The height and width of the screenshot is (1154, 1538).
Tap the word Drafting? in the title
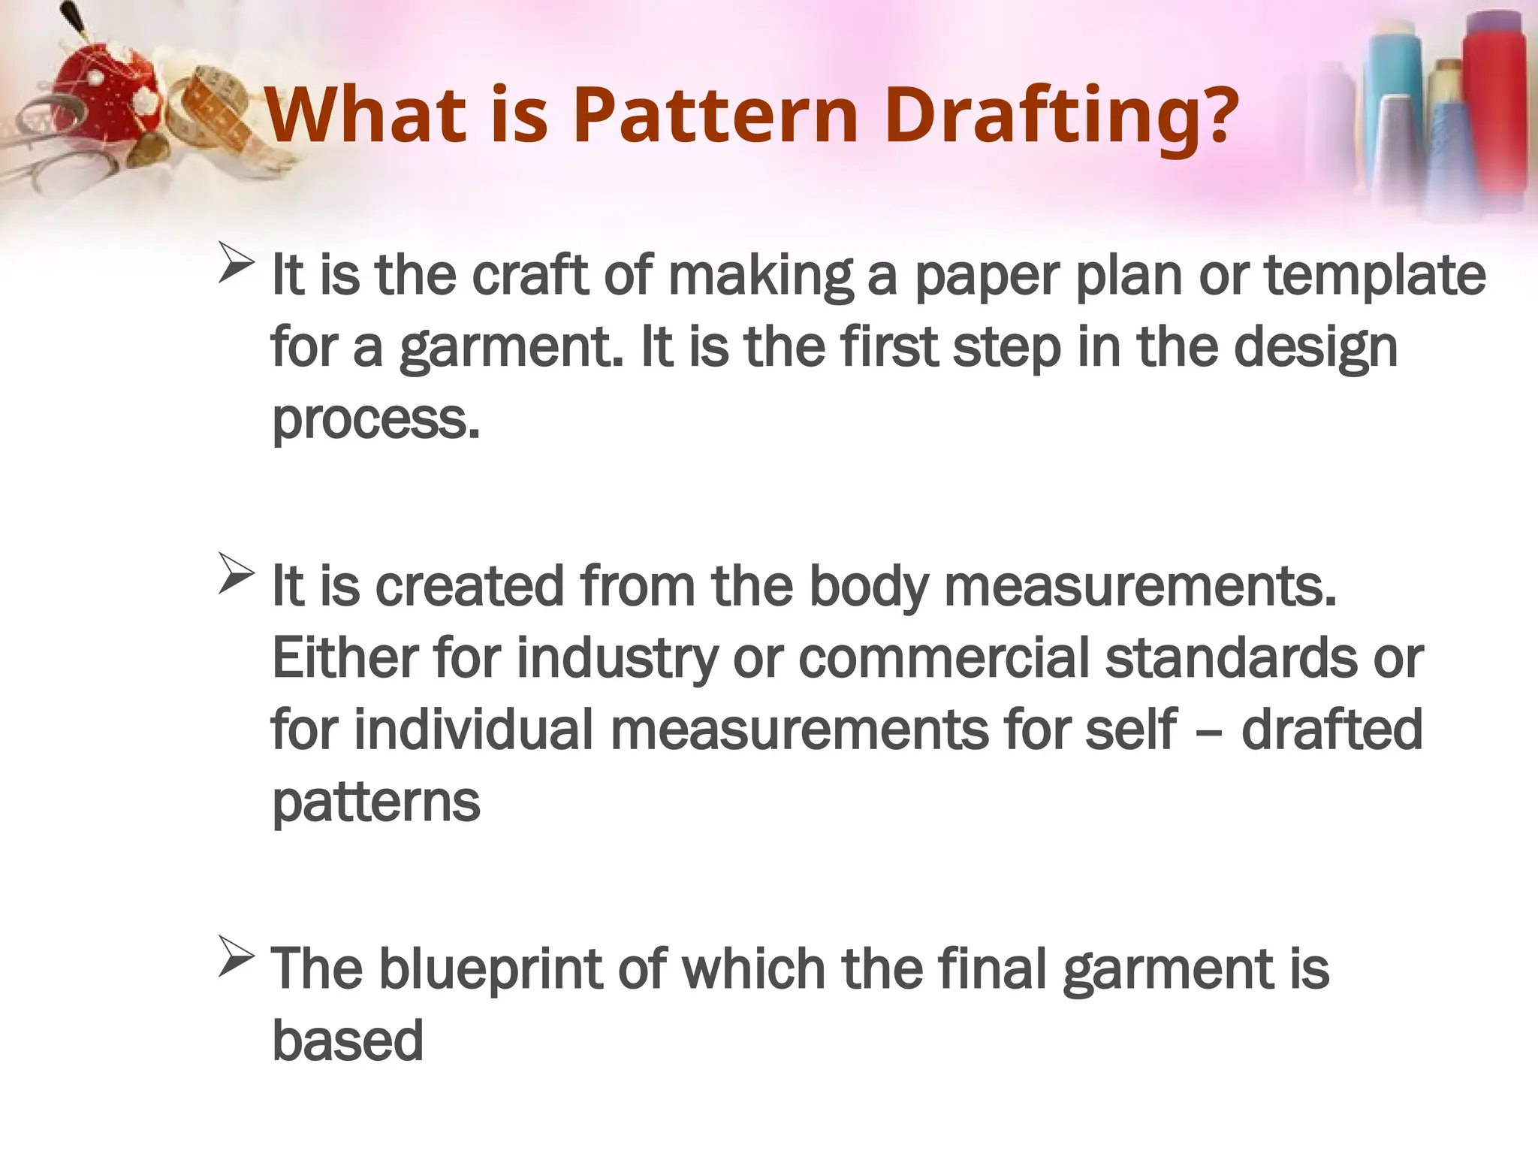coord(1060,116)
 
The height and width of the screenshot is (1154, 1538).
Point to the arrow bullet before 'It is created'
coord(235,574)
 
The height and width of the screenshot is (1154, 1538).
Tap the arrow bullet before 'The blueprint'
coord(235,957)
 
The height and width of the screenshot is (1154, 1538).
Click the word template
coord(1376,276)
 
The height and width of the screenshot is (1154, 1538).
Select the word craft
coord(529,275)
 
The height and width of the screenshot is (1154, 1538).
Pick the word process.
coord(375,421)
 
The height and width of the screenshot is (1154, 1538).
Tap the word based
coord(347,1041)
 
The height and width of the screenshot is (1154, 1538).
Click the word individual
coord(473,730)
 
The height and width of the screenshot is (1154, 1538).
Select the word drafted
coord(1331,730)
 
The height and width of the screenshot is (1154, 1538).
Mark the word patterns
coord(375,802)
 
